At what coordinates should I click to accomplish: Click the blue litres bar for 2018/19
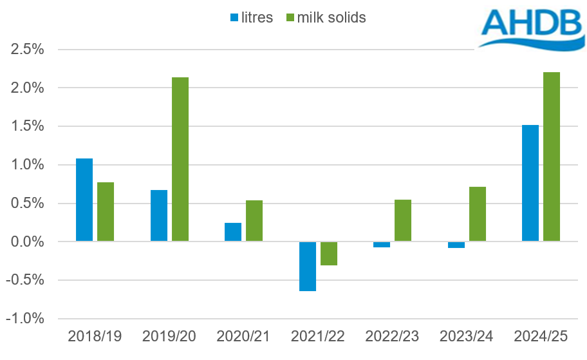(84, 200)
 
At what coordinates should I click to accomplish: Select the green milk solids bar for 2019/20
(180, 159)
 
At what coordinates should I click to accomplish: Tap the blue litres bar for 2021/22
(307, 266)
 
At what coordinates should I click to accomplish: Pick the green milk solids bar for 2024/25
(551, 156)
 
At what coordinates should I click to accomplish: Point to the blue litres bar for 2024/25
(530, 183)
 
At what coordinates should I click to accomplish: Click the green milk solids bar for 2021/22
(328, 253)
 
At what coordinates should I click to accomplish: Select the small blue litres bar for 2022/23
(382, 245)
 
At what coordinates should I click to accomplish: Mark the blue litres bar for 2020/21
(233, 232)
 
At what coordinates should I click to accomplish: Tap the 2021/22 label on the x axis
(317, 336)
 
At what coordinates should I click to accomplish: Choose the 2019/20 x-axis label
(169, 336)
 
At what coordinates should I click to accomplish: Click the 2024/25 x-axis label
(540, 336)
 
